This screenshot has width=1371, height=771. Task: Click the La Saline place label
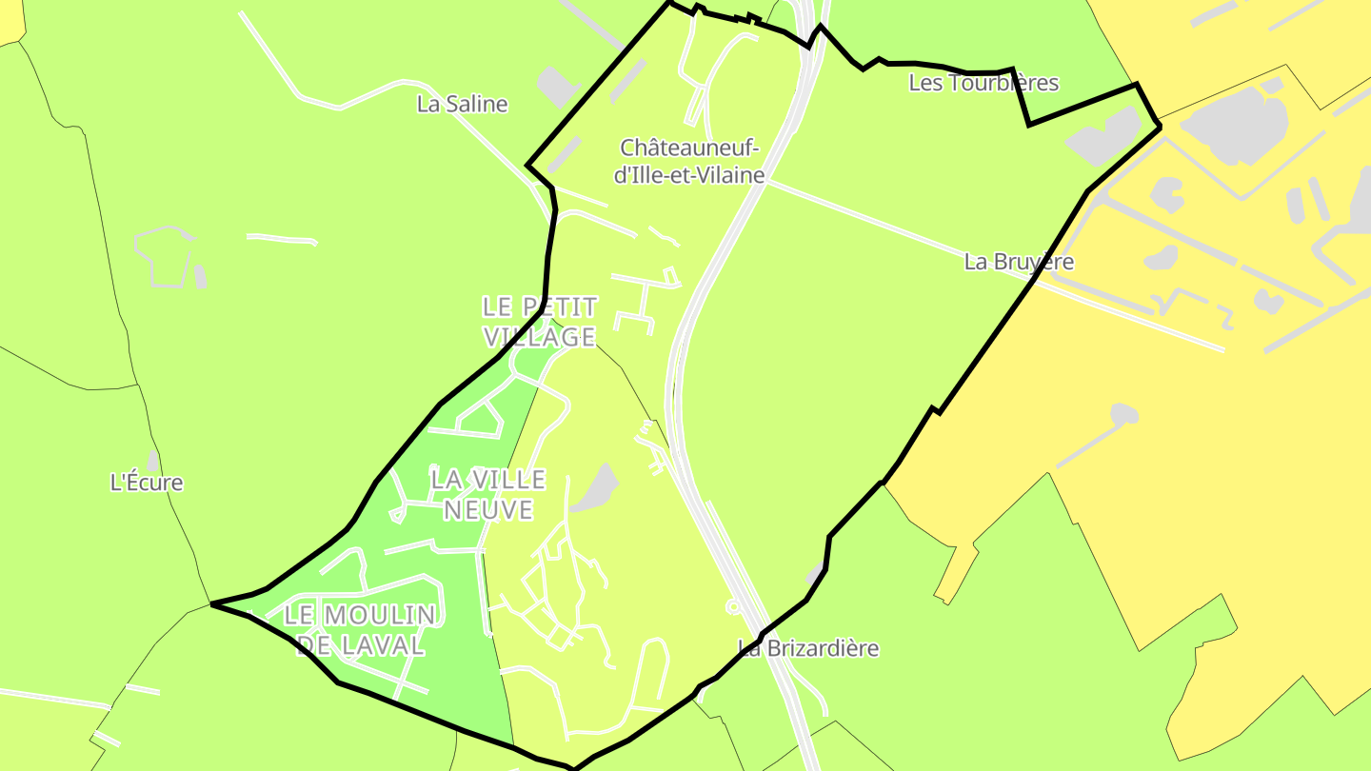(462, 104)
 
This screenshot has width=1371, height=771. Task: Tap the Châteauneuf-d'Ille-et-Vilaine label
(689, 161)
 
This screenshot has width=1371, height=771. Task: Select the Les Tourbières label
(984, 83)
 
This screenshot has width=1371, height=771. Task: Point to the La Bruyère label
(1019, 262)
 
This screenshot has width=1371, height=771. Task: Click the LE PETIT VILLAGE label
(540, 322)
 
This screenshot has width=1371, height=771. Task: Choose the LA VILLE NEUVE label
(487, 494)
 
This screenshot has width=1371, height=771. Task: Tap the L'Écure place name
(147, 483)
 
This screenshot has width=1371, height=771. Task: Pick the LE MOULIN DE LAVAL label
(360, 629)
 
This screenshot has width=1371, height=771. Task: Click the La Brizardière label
(808, 648)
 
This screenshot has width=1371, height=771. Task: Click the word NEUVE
(487, 509)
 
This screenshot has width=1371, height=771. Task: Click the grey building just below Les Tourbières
(1104, 136)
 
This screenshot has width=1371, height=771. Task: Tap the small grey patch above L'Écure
(153, 461)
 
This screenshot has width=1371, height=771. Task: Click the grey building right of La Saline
(557, 86)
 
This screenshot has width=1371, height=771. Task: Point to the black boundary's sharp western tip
(212, 603)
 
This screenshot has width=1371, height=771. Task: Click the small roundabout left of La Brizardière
(733, 606)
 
